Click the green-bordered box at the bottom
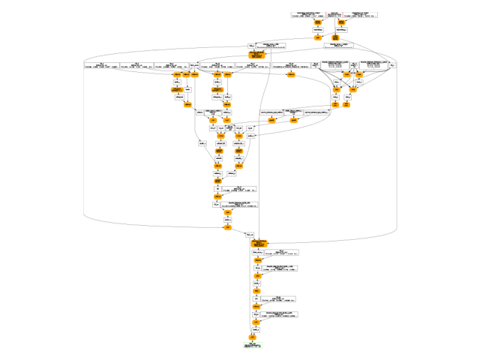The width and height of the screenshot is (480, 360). (252, 346)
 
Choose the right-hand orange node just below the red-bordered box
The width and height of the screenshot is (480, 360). (336, 37)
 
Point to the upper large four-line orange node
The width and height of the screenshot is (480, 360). (257, 55)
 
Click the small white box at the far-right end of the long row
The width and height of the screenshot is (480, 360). (393, 66)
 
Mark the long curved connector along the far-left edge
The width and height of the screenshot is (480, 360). (85, 142)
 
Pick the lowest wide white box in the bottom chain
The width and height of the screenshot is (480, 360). (281, 314)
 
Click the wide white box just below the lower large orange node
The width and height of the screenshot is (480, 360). (278, 253)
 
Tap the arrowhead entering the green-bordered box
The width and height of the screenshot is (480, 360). (252, 342)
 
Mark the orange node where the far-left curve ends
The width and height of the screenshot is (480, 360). (227, 226)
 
